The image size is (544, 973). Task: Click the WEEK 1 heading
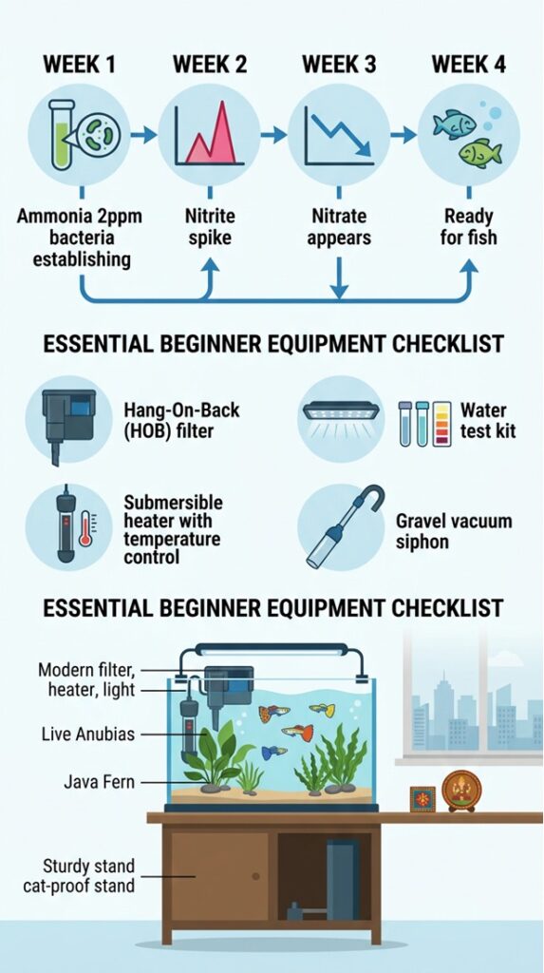[x=80, y=66]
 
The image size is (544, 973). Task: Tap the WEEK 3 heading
[x=338, y=66]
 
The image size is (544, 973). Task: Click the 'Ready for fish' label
[x=468, y=225]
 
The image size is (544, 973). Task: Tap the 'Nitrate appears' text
[x=338, y=225]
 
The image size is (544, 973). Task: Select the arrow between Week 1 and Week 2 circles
[x=144, y=136]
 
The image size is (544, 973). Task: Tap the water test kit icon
[x=424, y=423]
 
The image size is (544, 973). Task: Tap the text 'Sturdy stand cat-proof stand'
[x=89, y=875]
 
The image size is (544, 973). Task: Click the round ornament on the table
[x=461, y=790]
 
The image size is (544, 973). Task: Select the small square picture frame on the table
[x=422, y=799]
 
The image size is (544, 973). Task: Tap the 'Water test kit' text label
[x=484, y=421]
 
